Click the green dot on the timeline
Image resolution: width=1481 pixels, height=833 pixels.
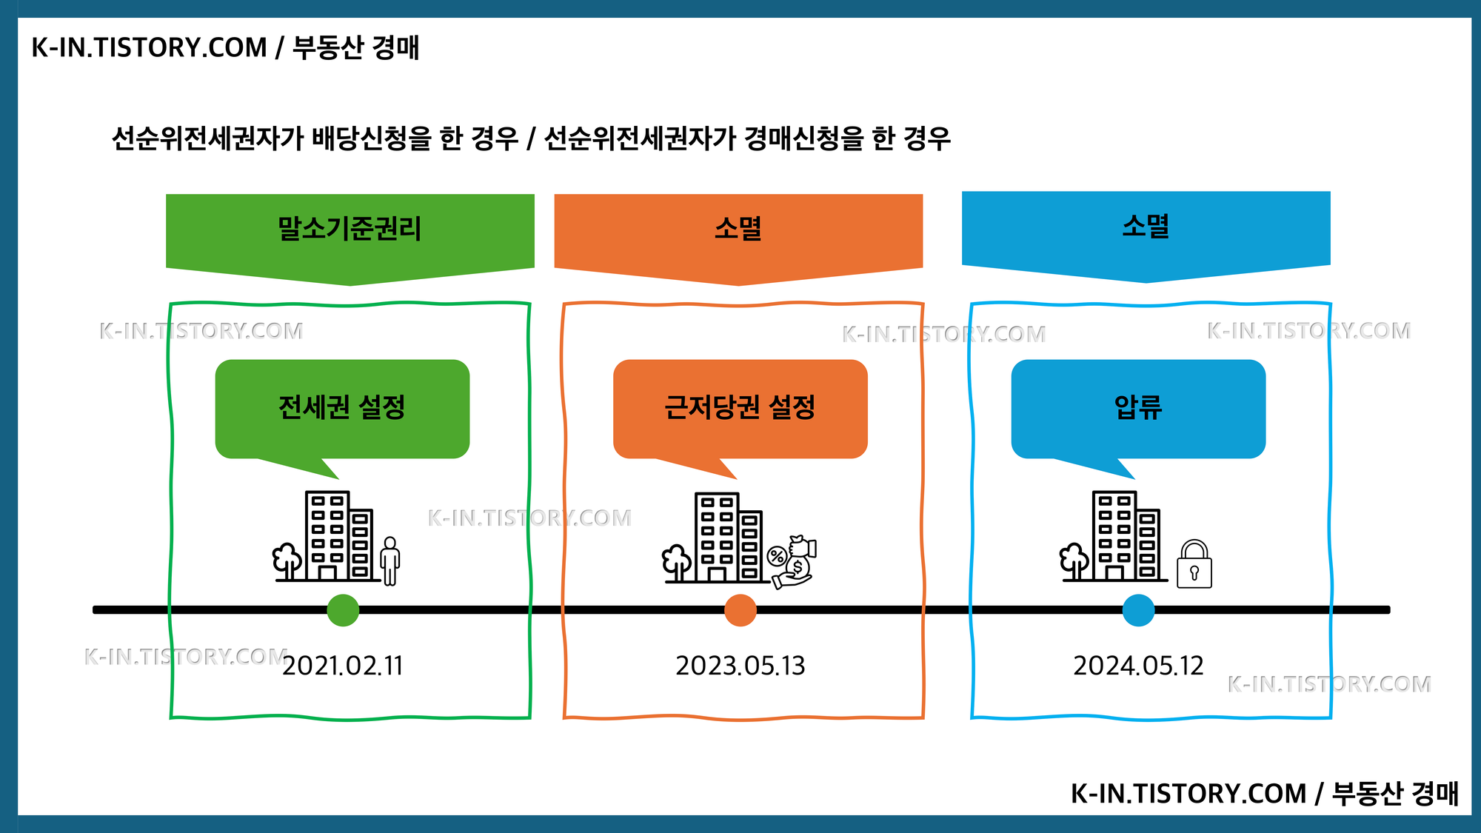click(343, 610)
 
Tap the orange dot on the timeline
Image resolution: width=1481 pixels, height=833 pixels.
click(740, 610)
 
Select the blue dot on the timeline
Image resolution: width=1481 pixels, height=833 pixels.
click(1138, 610)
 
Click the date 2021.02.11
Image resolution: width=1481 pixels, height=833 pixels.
click(343, 666)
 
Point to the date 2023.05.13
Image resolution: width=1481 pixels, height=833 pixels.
click(740, 666)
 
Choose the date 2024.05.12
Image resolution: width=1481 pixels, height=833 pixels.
click(1138, 666)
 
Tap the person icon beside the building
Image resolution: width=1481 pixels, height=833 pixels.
click(390, 561)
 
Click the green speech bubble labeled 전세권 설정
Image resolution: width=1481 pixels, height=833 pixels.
click(342, 408)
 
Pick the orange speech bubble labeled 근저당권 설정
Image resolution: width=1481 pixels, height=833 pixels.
click(740, 408)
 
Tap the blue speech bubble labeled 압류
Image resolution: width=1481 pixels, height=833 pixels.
click(1138, 408)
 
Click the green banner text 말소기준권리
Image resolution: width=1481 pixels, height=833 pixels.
click(350, 229)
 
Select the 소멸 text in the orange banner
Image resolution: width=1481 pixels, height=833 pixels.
click(738, 229)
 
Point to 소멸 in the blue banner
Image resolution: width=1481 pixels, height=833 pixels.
click(1146, 226)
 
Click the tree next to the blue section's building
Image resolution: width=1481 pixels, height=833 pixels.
click(1074, 561)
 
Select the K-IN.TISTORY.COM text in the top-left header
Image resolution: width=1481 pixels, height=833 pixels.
click(149, 47)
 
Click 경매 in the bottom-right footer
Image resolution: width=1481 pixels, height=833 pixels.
click(1435, 794)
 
